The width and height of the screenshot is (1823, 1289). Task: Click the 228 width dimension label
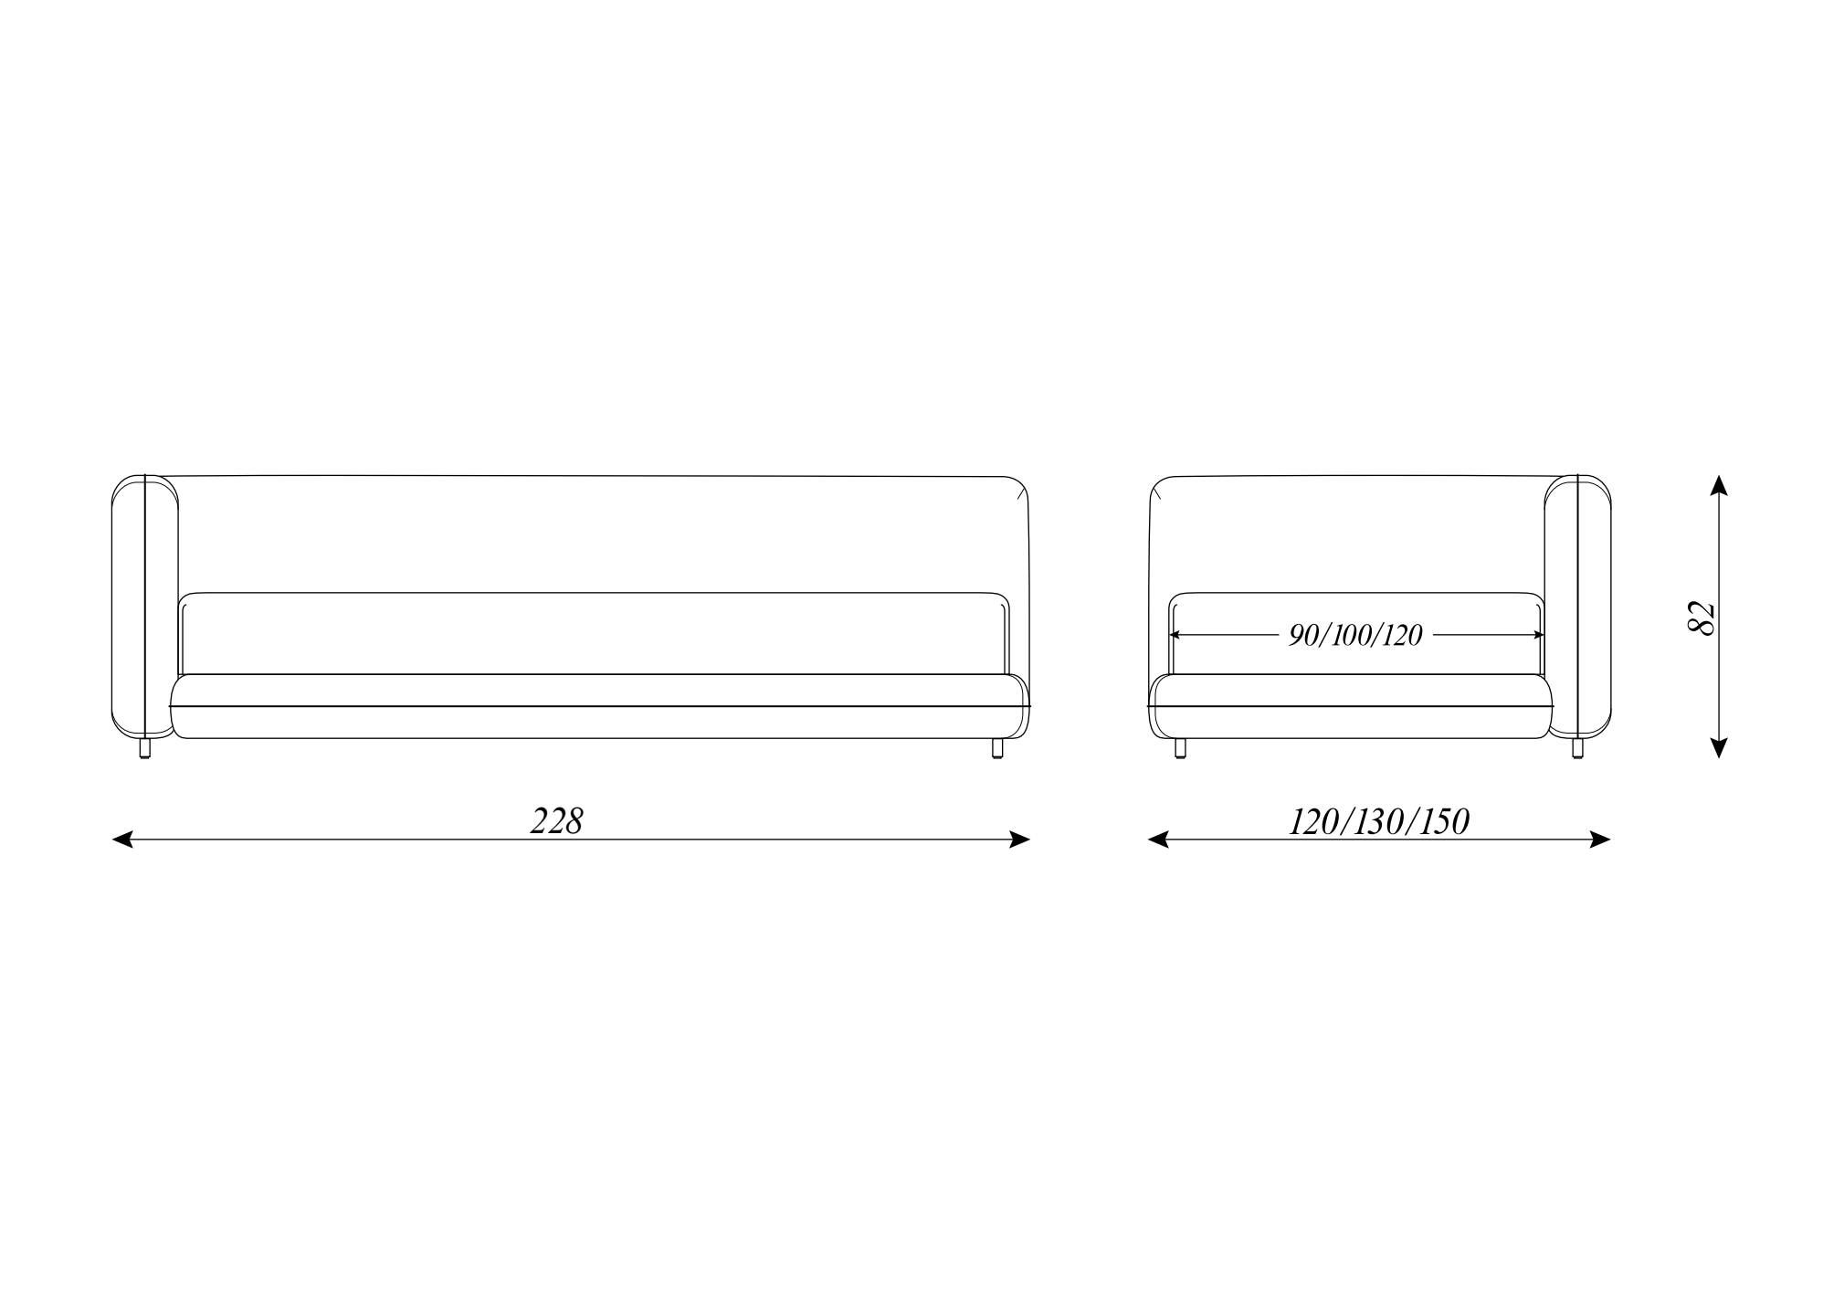tap(556, 821)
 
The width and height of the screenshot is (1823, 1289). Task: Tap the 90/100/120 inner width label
tap(1355, 635)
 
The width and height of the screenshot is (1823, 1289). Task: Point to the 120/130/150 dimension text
tap(1378, 822)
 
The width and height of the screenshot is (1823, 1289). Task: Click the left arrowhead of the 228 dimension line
tap(121, 840)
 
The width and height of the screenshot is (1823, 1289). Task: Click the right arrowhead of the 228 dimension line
tap(1019, 840)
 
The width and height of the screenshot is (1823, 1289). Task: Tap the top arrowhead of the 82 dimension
tap(1719, 485)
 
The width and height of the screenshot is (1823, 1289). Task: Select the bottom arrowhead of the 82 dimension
tap(1719, 747)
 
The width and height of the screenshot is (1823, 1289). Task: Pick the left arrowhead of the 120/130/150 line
tap(1158, 840)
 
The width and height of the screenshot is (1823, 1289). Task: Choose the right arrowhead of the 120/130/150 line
tap(1600, 840)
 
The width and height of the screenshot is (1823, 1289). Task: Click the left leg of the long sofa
tap(144, 748)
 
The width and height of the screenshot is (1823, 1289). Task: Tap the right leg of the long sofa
tap(997, 748)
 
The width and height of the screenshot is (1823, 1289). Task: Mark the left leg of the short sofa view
tap(1180, 748)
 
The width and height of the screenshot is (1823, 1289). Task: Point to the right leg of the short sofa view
tap(1577, 748)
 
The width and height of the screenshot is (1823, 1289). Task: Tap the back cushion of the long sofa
tap(594, 633)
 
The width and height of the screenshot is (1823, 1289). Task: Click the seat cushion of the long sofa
tap(599, 706)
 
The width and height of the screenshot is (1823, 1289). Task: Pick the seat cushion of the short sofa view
tap(1351, 706)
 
